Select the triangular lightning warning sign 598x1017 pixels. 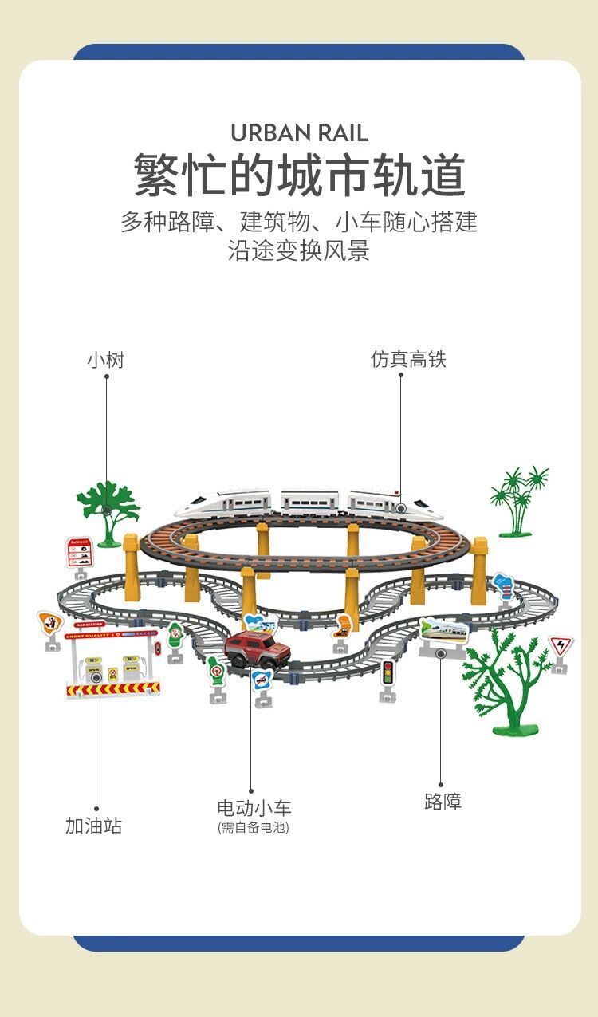pos(561,646)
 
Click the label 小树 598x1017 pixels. pos(105,360)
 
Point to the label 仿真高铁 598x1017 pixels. pos(408,359)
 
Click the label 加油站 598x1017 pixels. pos(93,826)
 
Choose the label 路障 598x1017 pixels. pos(443,802)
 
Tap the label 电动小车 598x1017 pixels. pos(254,807)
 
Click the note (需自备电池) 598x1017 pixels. pos(254,828)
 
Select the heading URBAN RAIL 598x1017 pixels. pos(299,132)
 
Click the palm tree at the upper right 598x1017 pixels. pos(520,498)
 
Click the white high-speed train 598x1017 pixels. pos(307,503)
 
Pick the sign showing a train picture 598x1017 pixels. pos(443,630)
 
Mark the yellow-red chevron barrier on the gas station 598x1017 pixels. pos(113,688)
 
